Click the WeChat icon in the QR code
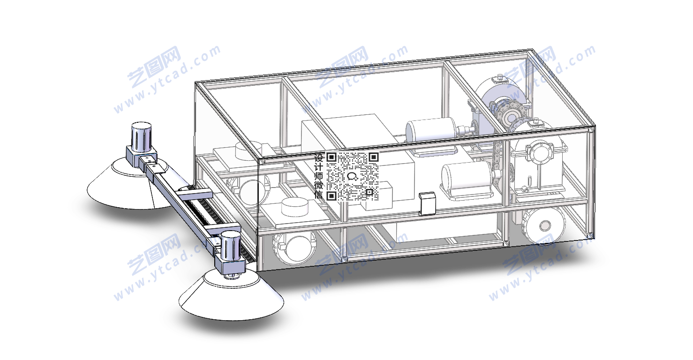pos(353,177)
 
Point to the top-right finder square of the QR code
pos(374,157)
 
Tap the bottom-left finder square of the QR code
pos(331,195)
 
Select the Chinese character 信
pos(319,195)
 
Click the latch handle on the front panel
pos(427,203)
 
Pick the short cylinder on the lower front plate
pos(295,207)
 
